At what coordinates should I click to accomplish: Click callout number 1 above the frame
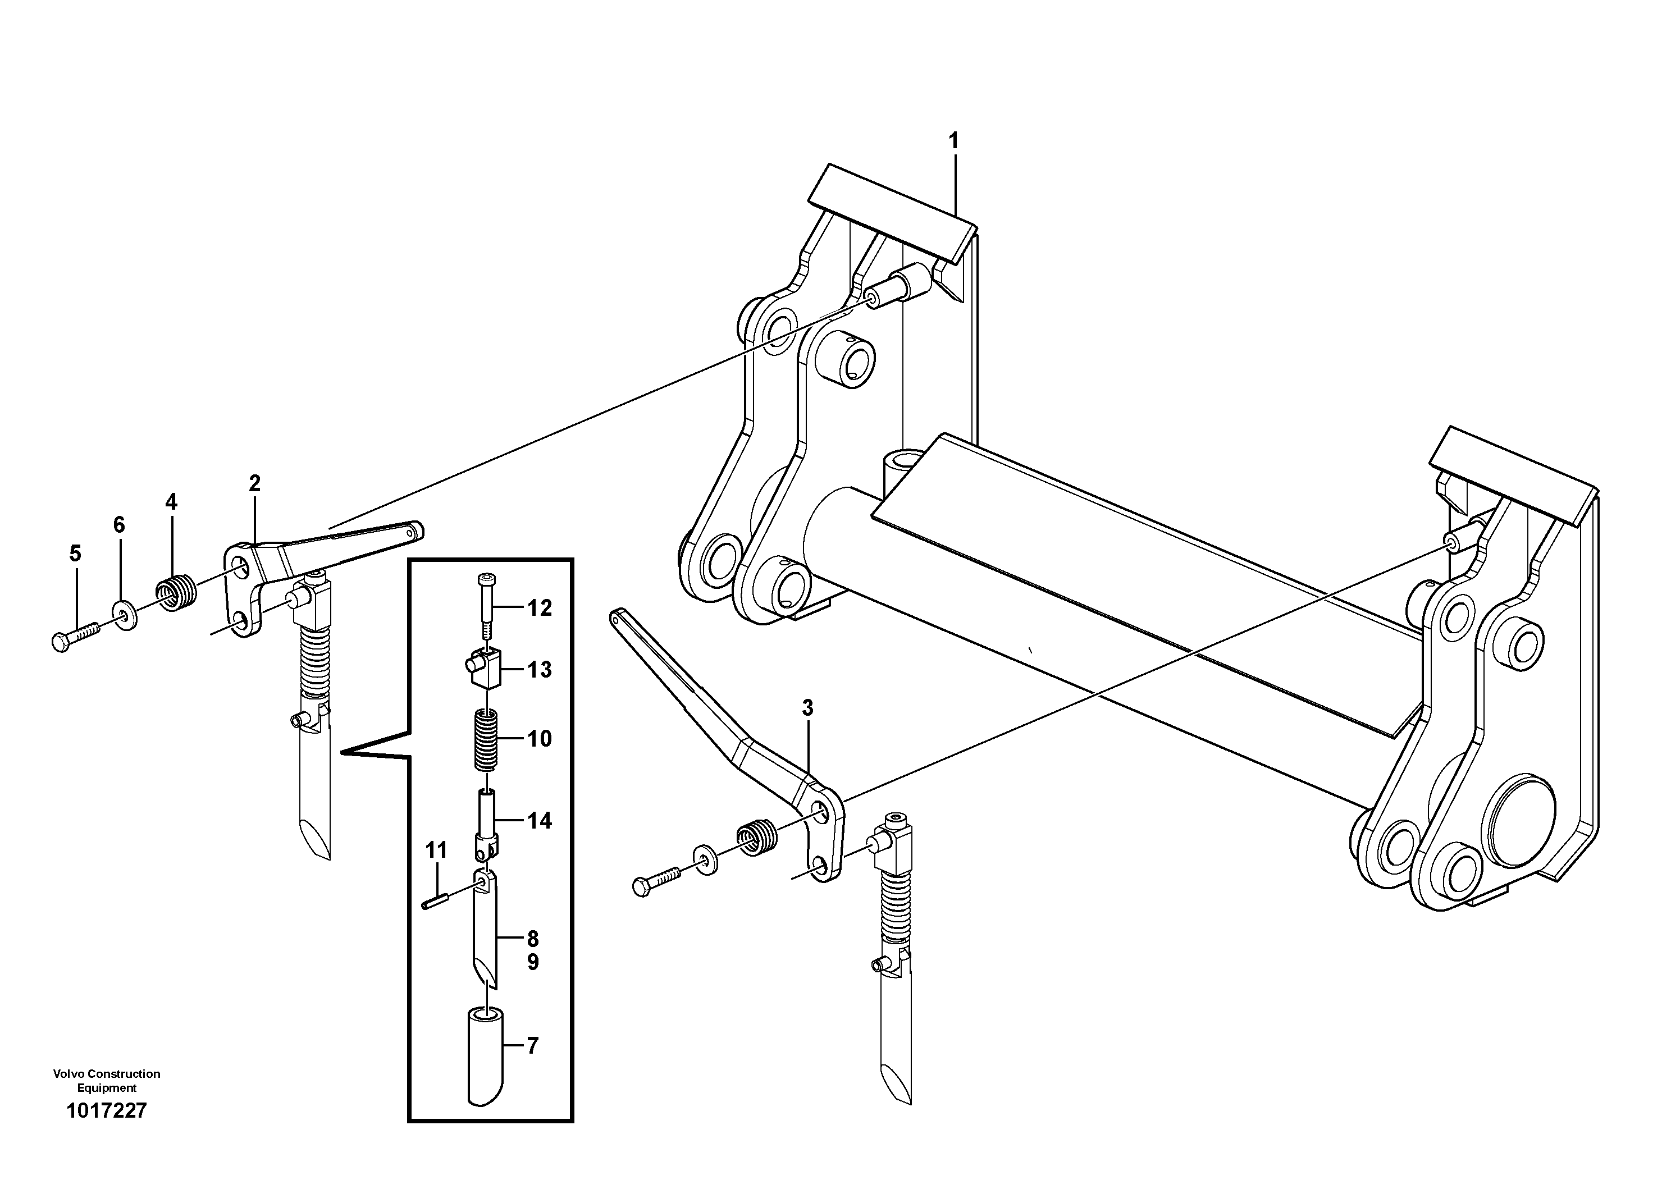coord(953,141)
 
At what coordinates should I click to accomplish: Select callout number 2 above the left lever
coord(254,483)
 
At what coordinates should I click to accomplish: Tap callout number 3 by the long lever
coord(807,707)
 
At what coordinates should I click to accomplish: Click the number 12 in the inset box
coord(539,608)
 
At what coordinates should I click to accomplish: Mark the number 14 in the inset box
coord(539,821)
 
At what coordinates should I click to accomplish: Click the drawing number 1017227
coord(106,1131)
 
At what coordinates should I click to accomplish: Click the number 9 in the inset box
coord(533,963)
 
